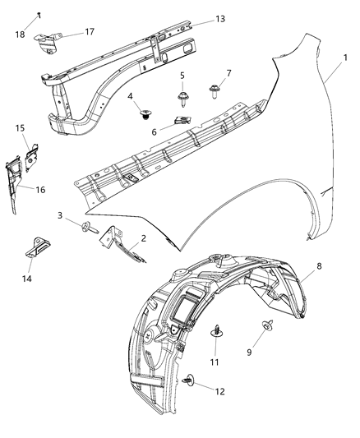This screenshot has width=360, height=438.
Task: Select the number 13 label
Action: tap(197, 18)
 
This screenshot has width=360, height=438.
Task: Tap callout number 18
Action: tap(20, 35)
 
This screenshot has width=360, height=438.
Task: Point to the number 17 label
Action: tap(90, 31)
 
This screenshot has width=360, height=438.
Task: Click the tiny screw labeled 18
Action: tap(39, 17)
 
